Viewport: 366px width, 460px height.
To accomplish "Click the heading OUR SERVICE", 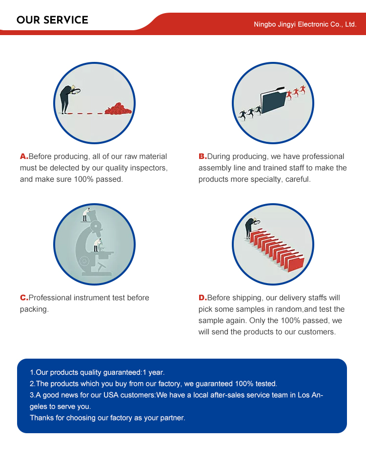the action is pyautogui.click(x=52, y=20).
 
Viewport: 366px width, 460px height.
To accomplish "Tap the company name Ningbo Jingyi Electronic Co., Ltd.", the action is pyautogui.click(x=305, y=24).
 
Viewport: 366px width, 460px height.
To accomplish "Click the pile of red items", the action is pyautogui.click(x=118, y=109).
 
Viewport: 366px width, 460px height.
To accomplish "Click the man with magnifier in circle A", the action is pyautogui.click(x=68, y=99).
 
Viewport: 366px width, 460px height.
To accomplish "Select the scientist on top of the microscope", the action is pyautogui.click(x=85, y=214).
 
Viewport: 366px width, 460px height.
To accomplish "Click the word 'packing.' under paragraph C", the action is pyautogui.click(x=34, y=309).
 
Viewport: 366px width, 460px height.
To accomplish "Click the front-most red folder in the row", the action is pyautogui.click(x=296, y=264).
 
